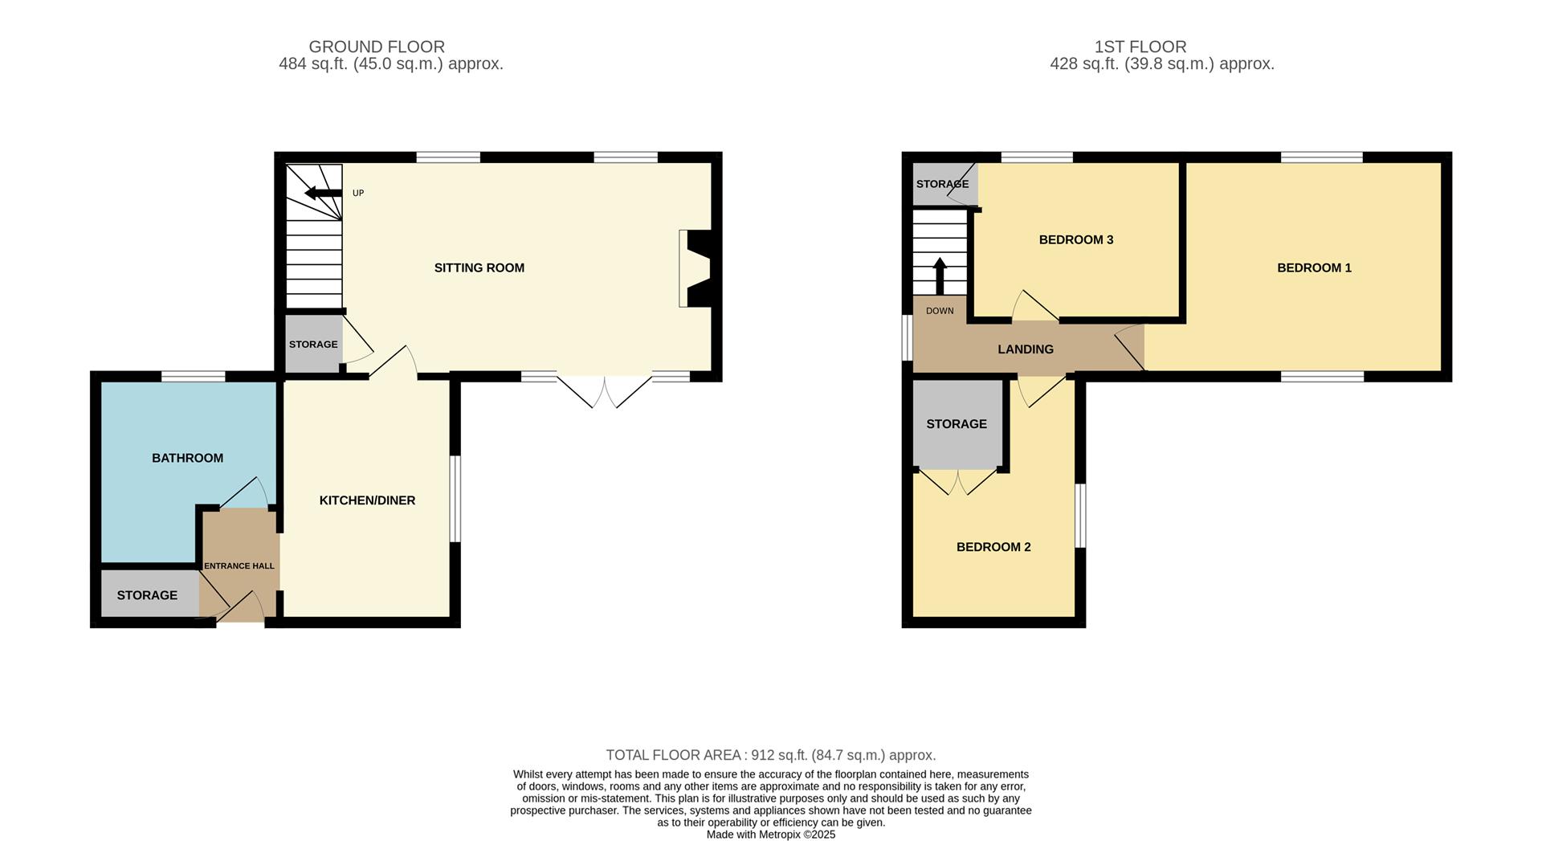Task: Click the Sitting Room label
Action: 479,267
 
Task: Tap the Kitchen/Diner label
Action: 367,500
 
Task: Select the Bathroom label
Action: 187,458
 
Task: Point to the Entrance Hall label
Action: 239,565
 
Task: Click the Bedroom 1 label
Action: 1314,267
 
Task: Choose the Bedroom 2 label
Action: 993,547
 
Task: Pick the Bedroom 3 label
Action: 1076,239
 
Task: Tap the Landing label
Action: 1026,349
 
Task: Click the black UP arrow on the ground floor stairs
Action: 324,193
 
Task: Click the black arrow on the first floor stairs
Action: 940,276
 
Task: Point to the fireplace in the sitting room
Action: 696,268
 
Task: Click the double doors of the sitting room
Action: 604,391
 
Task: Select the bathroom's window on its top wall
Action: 194,376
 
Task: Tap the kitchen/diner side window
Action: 455,500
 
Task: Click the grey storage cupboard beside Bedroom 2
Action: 957,424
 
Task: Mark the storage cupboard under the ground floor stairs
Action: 313,344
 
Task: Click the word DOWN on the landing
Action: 940,311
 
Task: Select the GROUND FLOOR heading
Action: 377,47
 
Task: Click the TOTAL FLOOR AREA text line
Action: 771,755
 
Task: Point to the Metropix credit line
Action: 771,835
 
